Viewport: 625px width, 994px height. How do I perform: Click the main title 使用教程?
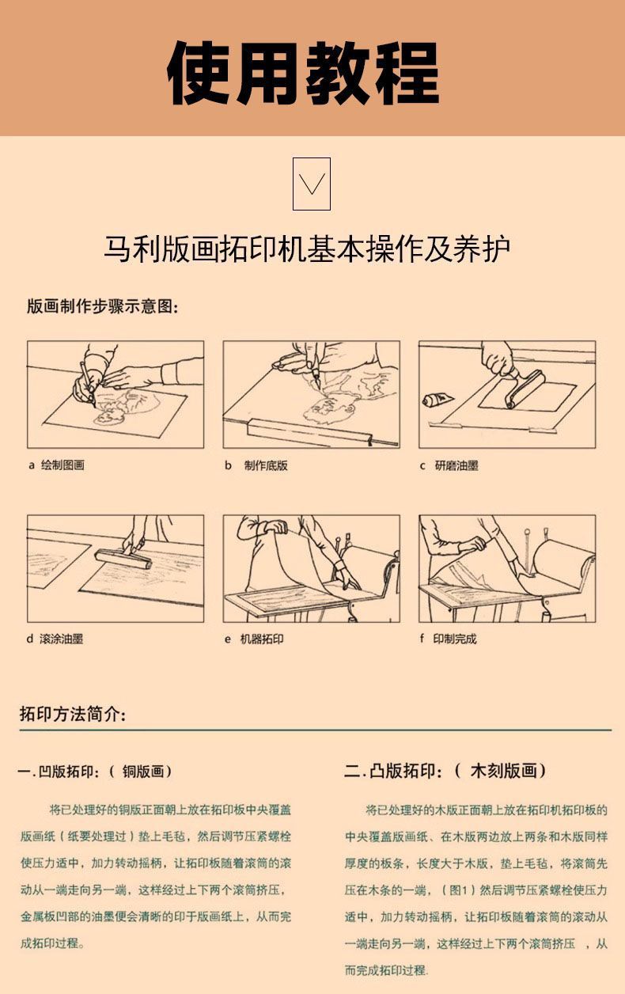pyautogui.click(x=304, y=74)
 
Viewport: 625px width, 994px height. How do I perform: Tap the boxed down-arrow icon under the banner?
pyautogui.click(x=312, y=184)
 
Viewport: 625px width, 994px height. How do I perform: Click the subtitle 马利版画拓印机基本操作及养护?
pyautogui.click(x=306, y=248)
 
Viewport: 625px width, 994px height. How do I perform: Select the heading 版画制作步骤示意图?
pyautogui.click(x=103, y=306)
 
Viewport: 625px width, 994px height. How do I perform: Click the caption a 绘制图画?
pyautogui.click(x=56, y=465)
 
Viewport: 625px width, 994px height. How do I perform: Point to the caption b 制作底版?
pyautogui.click(x=256, y=465)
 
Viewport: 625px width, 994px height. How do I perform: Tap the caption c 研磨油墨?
pyautogui.click(x=449, y=465)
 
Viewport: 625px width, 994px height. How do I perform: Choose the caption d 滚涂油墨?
pyautogui.click(x=55, y=639)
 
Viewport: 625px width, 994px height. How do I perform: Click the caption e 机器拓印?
pyautogui.click(x=254, y=639)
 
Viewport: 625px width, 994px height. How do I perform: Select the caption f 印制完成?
pyautogui.click(x=448, y=639)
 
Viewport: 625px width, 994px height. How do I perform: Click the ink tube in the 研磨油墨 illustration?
pyautogui.click(x=437, y=400)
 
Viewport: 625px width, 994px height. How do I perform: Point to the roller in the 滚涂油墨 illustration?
pyautogui.click(x=123, y=557)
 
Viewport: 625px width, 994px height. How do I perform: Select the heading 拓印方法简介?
pyautogui.click(x=73, y=714)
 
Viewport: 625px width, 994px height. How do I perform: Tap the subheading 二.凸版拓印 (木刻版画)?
pyautogui.click(x=445, y=771)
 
